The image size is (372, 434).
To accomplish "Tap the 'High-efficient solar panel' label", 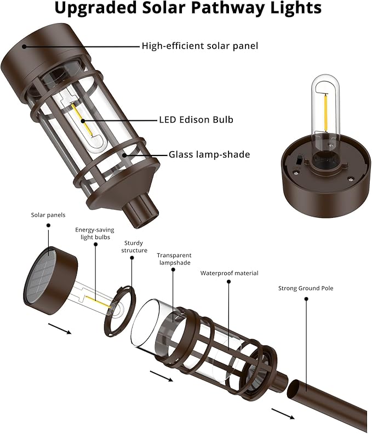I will tap(199, 47).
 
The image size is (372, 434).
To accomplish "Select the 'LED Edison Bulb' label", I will tap(192, 120).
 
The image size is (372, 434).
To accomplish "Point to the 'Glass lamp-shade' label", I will tap(209, 155).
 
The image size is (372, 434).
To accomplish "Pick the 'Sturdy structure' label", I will tap(135, 246).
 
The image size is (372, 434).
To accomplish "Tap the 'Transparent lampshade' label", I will tap(174, 259).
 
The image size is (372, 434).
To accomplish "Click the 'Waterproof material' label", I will tap(229, 273).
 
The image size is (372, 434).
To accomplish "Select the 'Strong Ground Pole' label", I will tap(305, 288).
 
